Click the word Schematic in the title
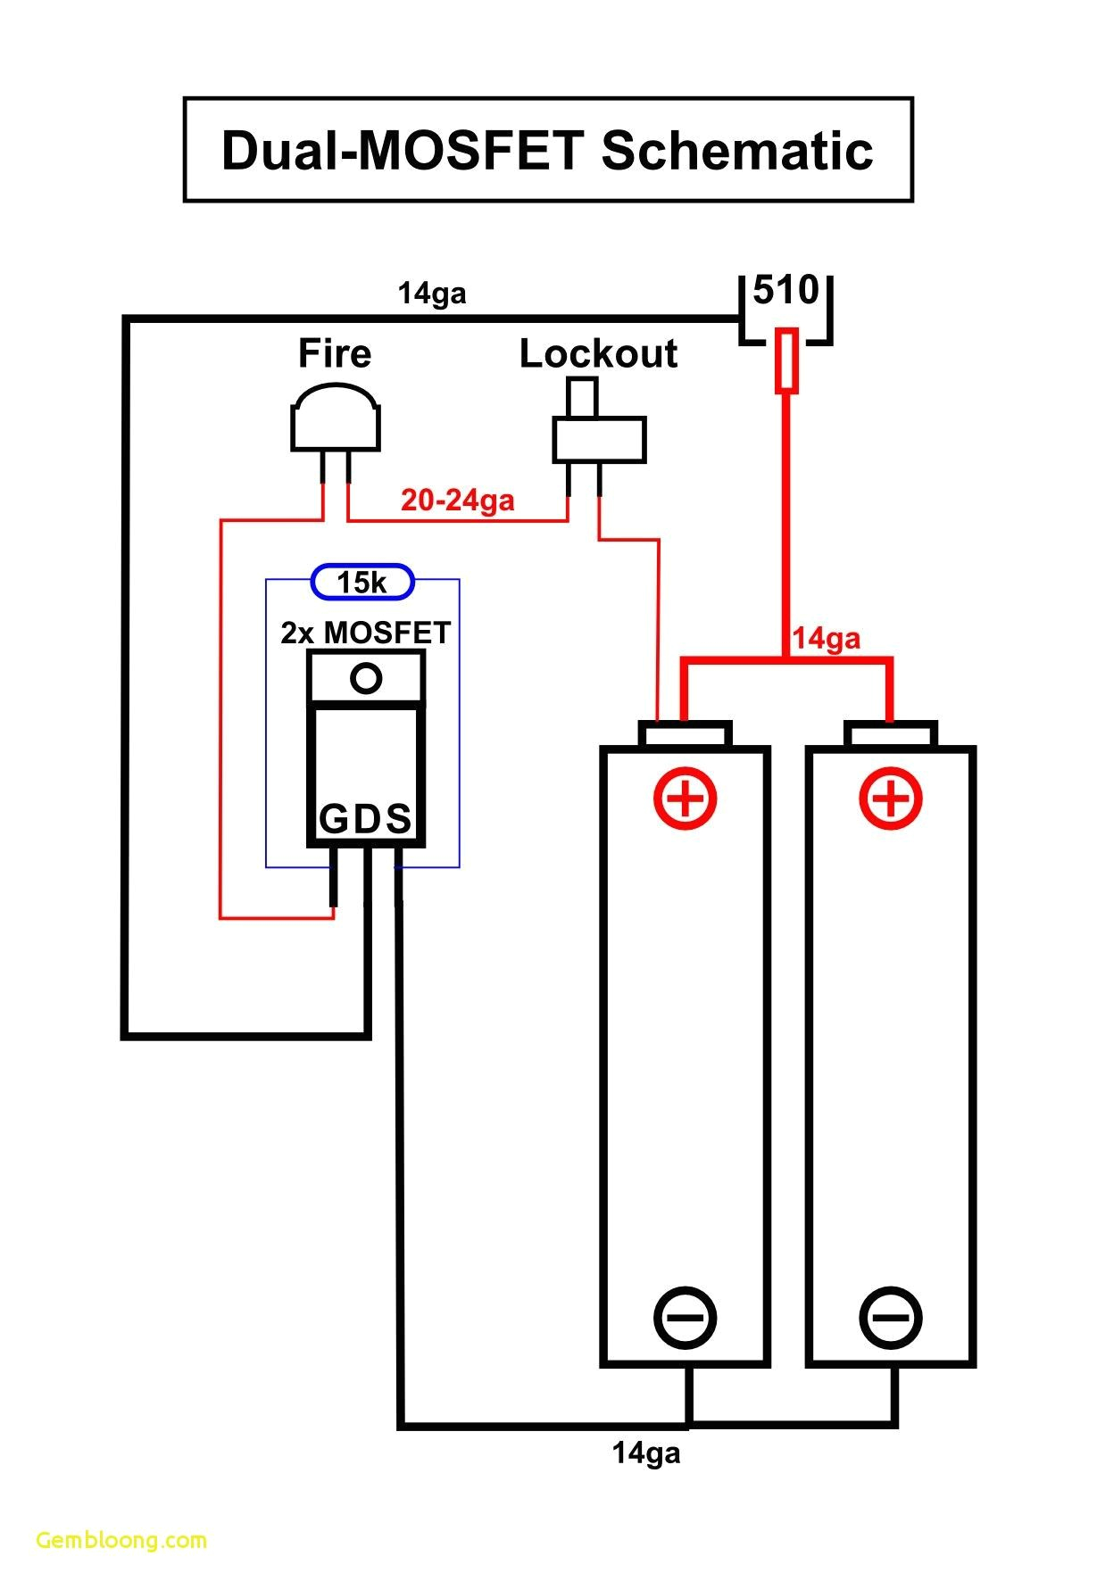click(736, 151)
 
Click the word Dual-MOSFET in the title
click(403, 151)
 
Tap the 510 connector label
click(785, 290)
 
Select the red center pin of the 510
click(785, 360)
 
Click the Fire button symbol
click(335, 419)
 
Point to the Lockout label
click(598, 354)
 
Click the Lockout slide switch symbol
click(598, 437)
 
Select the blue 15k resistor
click(362, 583)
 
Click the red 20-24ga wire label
click(457, 500)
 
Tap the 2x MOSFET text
click(365, 633)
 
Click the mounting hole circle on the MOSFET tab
click(366, 678)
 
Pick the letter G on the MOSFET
click(333, 819)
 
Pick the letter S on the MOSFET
click(398, 819)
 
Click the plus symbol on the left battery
click(686, 797)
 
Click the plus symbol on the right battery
click(890, 797)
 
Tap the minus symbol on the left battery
click(686, 1318)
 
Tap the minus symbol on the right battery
click(890, 1318)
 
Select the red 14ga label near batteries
click(826, 639)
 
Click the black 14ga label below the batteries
click(645, 1453)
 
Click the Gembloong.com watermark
click(121, 1540)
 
